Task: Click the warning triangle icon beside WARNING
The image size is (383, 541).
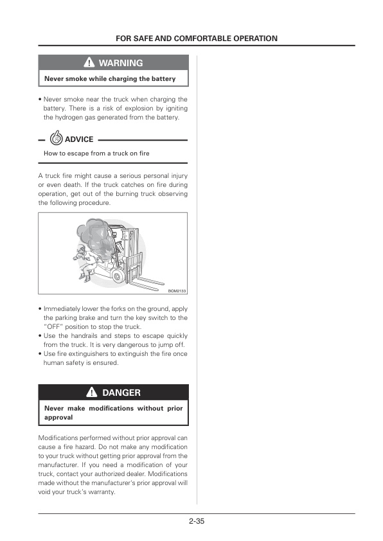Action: (89, 63)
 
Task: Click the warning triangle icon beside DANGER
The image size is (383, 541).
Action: (93, 392)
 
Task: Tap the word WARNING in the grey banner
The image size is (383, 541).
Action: (121, 63)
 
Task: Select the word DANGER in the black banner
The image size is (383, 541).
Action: (121, 392)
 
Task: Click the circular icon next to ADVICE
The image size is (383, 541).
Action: (56, 139)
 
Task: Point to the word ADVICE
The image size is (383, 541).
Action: (79, 139)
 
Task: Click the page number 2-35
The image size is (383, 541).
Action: (197, 521)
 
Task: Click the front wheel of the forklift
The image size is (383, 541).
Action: (119, 276)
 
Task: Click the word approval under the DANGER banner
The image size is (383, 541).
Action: (58, 417)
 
